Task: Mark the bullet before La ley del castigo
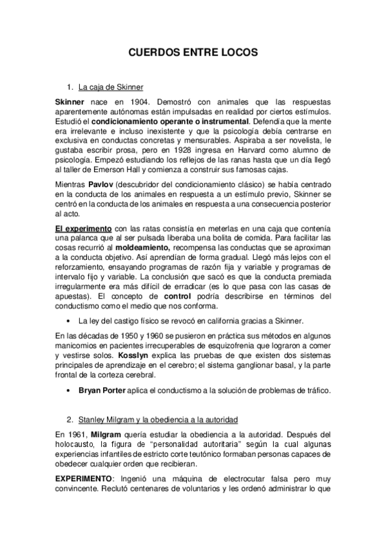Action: click(68, 321)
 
